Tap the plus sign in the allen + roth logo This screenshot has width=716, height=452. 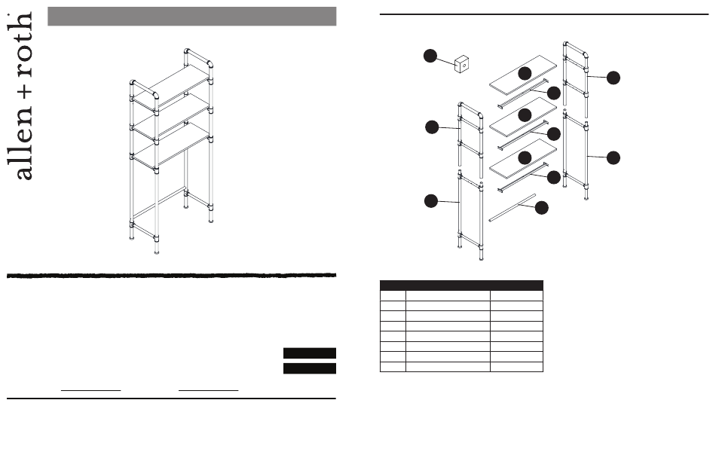26,90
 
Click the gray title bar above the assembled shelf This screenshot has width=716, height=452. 191,17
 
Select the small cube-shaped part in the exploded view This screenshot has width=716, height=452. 462,64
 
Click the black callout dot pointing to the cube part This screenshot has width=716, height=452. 430,56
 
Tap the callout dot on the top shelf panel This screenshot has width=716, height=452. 525,73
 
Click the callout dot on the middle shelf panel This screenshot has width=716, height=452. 525,115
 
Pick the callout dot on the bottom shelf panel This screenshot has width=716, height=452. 525,157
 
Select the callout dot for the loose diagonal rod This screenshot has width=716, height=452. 542,208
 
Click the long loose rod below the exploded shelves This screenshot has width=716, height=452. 513,208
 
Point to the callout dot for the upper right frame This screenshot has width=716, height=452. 613,78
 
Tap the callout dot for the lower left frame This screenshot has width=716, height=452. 431,200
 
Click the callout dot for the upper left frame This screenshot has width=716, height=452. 432,127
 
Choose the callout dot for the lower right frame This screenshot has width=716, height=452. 613,158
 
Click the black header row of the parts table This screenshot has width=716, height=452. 461,286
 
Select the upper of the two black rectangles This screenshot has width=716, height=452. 310,353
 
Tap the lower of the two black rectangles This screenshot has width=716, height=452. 310,368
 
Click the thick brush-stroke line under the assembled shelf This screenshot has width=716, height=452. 171,275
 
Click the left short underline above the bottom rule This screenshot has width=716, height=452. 91,390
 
